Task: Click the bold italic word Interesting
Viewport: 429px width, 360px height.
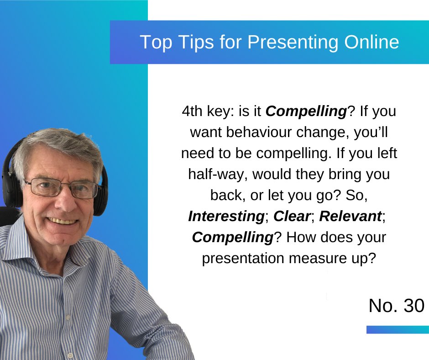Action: tap(226, 217)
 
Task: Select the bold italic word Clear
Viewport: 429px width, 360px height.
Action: tap(293, 217)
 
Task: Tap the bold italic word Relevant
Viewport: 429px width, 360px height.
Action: tap(350, 217)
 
